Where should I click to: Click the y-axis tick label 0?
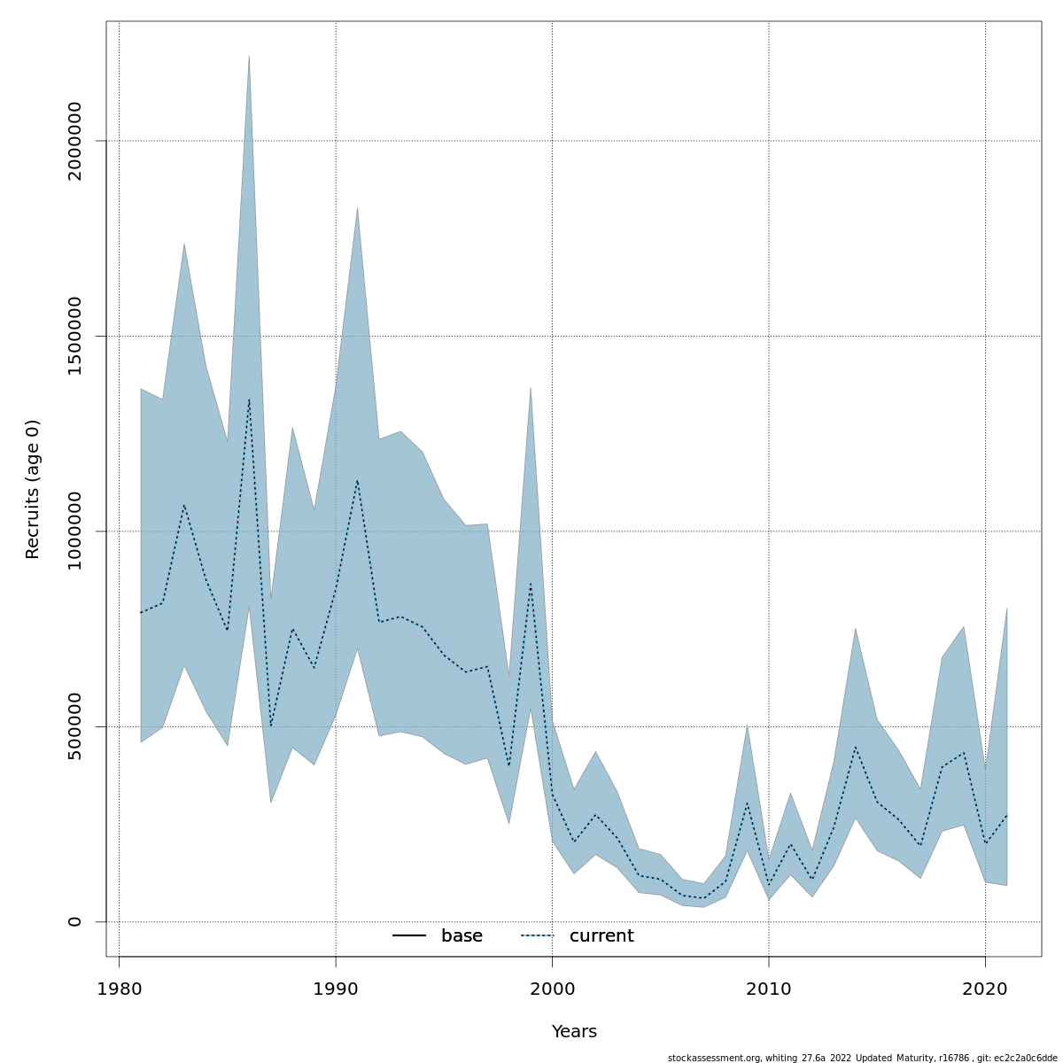[75, 921]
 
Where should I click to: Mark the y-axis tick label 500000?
[75, 726]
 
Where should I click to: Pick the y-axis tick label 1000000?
[75, 531]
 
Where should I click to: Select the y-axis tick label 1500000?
[75, 336]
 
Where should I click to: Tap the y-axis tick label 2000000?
[75, 141]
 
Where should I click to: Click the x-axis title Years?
[574, 1032]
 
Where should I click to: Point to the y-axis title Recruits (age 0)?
[33, 489]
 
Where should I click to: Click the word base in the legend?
[462, 936]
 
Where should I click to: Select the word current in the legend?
[601, 936]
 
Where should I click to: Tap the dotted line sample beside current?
[537, 936]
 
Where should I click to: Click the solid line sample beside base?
[409, 936]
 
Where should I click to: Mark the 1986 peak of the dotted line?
[249, 399]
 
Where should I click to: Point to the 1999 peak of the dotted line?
[531, 583]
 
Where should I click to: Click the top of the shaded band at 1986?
[249, 56]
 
